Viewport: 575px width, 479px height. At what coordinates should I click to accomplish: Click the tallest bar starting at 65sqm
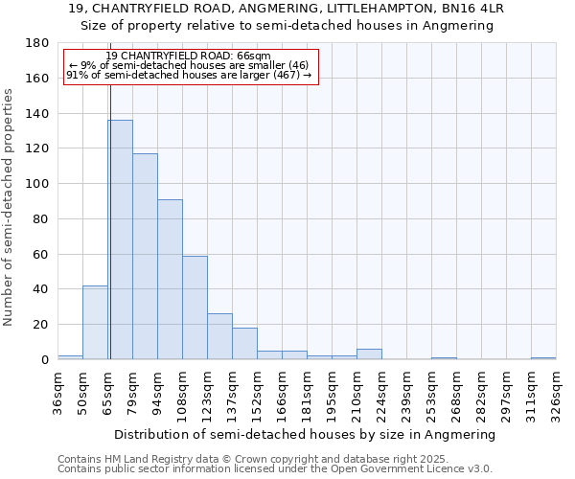(120, 239)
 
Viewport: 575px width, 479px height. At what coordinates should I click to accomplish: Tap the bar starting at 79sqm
(145, 256)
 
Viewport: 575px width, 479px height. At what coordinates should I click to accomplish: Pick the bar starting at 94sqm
(170, 279)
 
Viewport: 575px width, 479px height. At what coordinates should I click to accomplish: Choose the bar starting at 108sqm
(195, 308)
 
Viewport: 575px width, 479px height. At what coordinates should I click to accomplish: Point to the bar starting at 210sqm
(369, 354)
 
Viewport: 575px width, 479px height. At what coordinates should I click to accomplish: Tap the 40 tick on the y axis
(41, 289)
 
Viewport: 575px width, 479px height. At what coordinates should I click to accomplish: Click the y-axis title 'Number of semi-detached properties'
(9, 206)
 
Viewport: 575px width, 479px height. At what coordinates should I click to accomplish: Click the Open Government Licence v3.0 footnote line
(275, 469)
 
